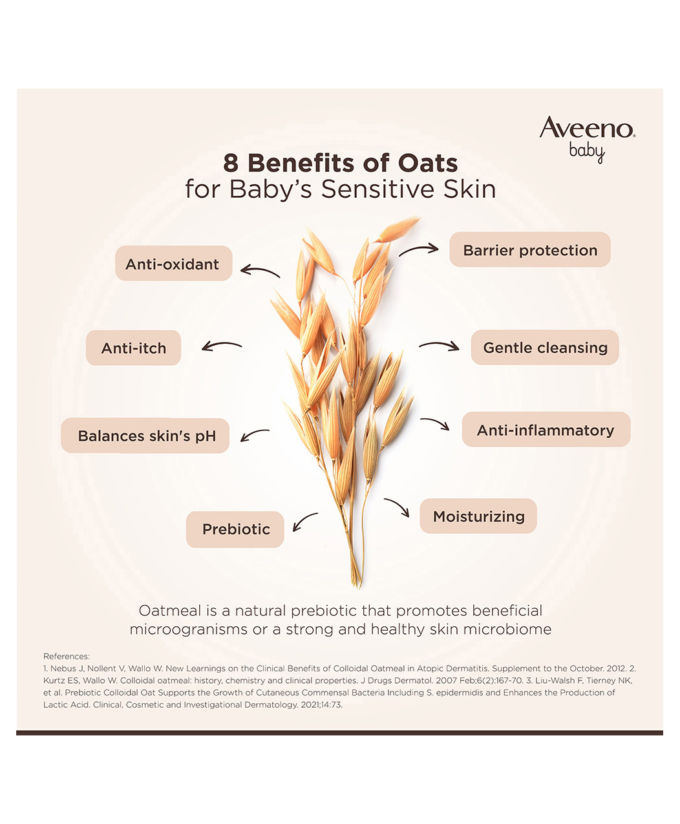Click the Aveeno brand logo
(588, 140)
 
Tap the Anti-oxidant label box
(174, 263)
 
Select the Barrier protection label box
(530, 249)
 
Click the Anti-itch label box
(133, 348)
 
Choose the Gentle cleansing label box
(545, 347)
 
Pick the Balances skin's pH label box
(145, 436)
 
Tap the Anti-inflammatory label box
(546, 429)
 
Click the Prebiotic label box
(235, 529)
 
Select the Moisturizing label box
(478, 516)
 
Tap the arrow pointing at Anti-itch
(221, 344)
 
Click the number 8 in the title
(231, 163)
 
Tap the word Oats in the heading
(428, 163)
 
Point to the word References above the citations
(67, 656)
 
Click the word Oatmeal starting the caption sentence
(170, 611)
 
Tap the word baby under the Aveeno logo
(587, 153)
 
